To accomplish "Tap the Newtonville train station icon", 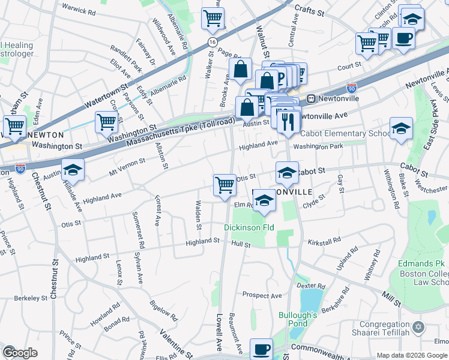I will coord(312,98).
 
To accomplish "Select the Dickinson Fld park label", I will coord(249,228).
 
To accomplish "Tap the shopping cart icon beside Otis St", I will coord(224,184).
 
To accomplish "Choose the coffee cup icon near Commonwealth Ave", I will coord(261,349).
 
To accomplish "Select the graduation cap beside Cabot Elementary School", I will coord(401,128).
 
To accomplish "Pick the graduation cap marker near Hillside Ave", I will coord(73,170).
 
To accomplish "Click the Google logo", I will coord(20,353).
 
